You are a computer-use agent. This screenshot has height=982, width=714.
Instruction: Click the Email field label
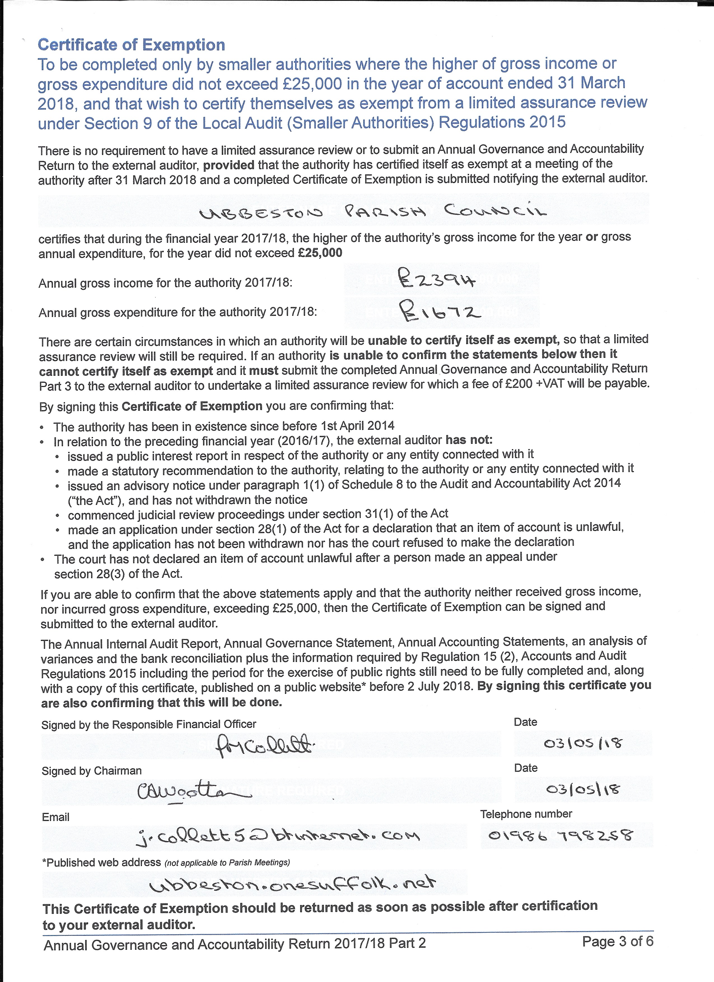(x=56, y=817)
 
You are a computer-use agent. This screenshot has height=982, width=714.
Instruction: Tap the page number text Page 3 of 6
(x=617, y=942)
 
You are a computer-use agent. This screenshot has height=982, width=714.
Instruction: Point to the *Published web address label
(x=101, y=862)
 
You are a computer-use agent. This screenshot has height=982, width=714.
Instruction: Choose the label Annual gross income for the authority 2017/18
(x=165, y=283)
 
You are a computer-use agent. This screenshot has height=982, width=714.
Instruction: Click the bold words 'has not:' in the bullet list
(x=469, y=440)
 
